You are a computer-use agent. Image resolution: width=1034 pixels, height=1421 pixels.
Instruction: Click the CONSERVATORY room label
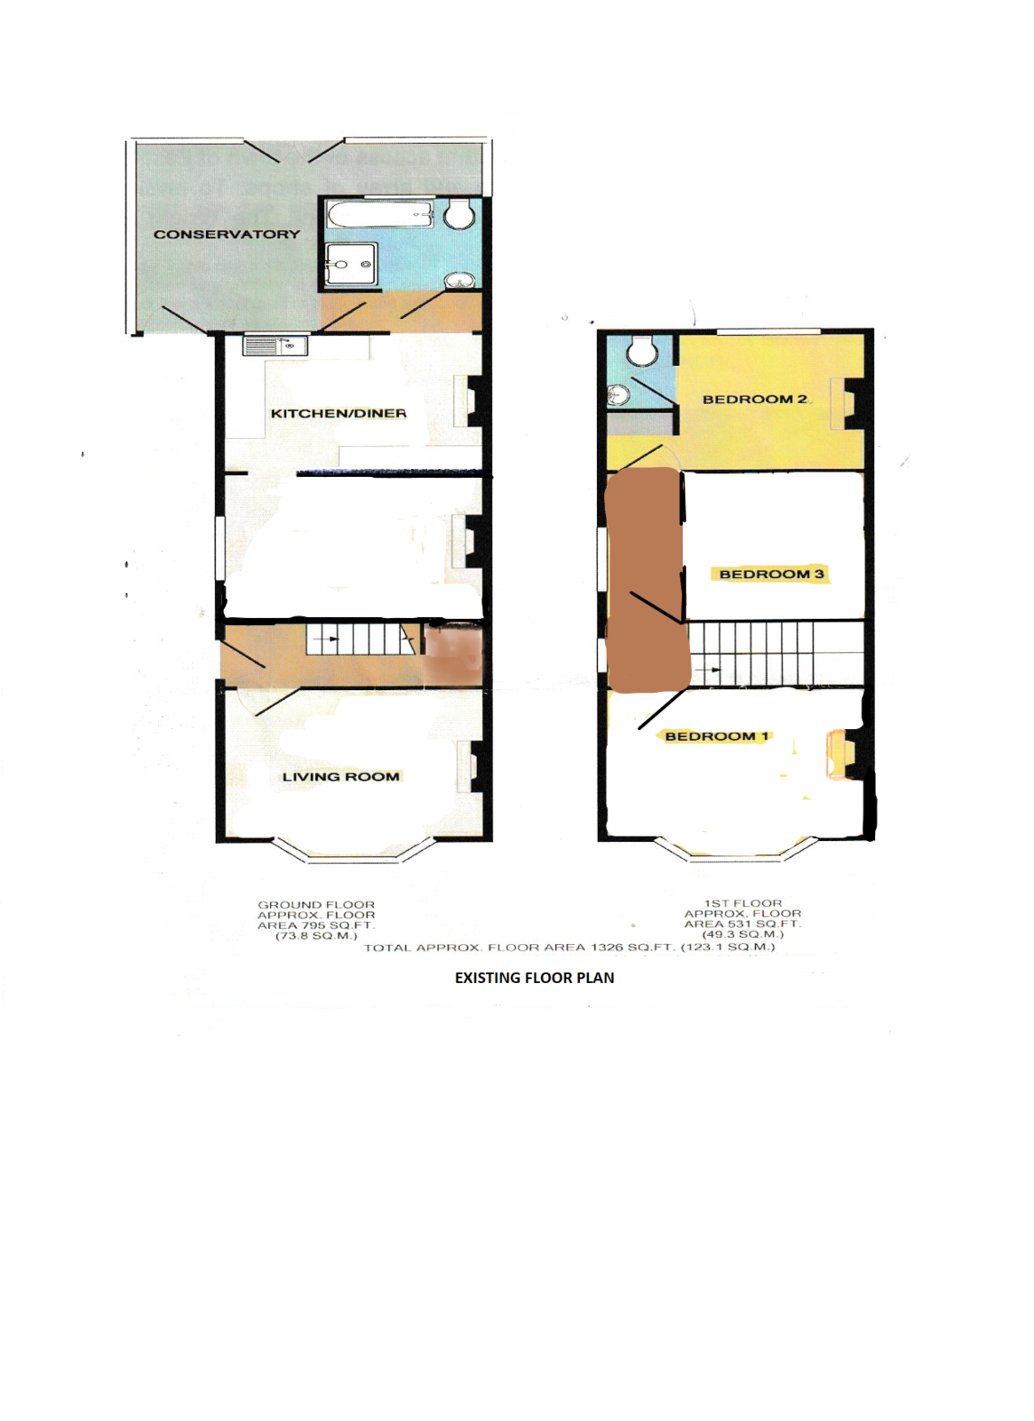(227, 234)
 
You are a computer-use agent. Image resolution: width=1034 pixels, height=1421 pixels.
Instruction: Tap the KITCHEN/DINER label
(338, 414)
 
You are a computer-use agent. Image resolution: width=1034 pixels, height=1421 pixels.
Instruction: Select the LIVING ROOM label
(340, 777)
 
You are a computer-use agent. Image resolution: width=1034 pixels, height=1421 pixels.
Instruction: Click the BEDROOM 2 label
(754, 400)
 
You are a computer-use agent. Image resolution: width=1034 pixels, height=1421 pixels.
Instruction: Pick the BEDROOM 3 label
(771, 575)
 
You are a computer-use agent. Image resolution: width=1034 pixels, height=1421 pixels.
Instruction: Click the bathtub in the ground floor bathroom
(379, 214)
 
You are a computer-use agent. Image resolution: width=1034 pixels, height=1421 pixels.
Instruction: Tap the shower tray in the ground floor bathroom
(351, 264)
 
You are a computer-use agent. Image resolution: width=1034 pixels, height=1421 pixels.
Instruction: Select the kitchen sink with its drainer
(275, 345)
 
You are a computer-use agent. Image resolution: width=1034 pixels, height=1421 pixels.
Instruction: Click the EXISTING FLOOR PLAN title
(534, 978)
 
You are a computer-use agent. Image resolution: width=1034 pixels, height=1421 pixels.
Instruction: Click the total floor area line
(569, 948)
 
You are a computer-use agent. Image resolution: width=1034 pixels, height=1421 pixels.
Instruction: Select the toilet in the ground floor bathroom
(459, 215)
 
